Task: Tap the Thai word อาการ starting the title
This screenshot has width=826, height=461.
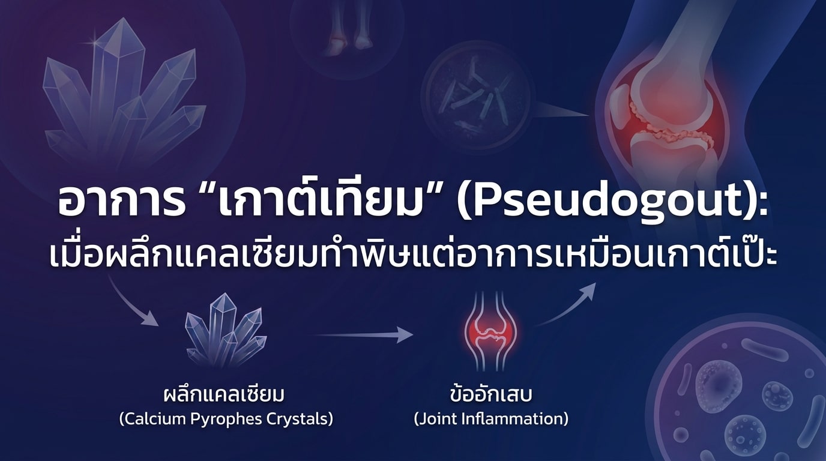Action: point(122,203)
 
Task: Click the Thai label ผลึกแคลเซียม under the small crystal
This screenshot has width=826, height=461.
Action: point(224,395)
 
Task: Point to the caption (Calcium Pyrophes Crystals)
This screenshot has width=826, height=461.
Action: point(226,420)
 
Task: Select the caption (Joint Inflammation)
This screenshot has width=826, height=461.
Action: point(491,420)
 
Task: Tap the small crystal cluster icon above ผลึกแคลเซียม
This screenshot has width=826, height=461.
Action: point(226,330)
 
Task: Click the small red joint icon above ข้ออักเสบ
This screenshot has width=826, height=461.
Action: point(490,331)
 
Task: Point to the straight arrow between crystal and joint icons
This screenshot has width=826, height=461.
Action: point(365,334)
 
